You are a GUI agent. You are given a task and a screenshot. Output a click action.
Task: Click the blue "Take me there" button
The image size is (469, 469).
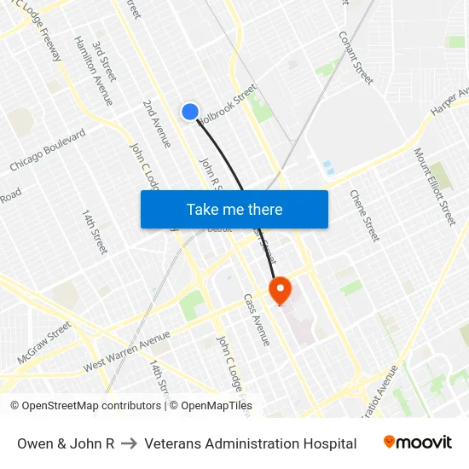234,210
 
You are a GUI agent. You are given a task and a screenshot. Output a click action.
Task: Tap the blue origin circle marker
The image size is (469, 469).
190,112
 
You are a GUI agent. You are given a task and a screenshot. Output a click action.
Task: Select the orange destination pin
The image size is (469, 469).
280,291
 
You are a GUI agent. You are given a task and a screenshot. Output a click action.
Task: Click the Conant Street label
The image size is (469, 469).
356,57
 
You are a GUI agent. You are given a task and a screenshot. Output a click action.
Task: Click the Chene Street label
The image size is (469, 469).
364,215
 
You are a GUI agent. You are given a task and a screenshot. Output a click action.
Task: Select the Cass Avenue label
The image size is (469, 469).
257,320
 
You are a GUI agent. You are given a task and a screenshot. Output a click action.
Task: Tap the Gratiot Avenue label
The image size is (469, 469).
379,392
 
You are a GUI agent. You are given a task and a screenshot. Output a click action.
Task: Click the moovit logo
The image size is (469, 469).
418,443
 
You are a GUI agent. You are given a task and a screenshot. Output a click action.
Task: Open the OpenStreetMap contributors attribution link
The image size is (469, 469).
84,406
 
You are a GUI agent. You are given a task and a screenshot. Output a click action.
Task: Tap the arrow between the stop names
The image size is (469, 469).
130,443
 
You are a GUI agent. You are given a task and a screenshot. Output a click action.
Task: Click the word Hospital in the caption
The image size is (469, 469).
328,443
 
